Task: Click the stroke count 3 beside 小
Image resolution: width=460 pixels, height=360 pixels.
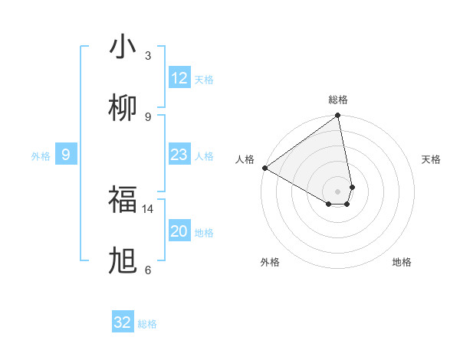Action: (x=148, y=55)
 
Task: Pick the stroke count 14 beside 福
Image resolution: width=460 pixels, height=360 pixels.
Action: (x=148, y=208)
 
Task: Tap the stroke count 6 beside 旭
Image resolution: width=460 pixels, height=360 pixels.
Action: (x=148, y=270)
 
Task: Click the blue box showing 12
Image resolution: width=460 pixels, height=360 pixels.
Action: (x=179, y=78)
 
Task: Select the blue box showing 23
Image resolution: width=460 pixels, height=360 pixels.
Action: (x=179, y=155)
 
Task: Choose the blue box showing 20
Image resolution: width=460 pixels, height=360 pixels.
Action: (x=179, y=231)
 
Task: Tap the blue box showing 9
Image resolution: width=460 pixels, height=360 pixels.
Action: (x=66, y=155)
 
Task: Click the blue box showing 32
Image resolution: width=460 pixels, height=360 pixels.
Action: (x=123, y=322)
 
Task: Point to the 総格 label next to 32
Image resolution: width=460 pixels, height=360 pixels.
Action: (x=147, y=324)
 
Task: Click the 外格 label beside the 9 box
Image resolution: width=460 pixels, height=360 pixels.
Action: (x=41, y=156)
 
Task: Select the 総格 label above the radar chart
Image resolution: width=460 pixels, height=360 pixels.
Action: (x=338, y=100)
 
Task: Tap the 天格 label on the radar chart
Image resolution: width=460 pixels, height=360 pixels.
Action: (x=432, y=159)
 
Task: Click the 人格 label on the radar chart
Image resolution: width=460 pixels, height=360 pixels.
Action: (x=245, y=159)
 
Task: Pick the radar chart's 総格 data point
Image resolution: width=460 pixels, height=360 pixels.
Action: (x=337, y=116)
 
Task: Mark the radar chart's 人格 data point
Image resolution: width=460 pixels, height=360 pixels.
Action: (x=264, y=168)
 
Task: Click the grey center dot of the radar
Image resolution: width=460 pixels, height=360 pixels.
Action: (x=337, y=191)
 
